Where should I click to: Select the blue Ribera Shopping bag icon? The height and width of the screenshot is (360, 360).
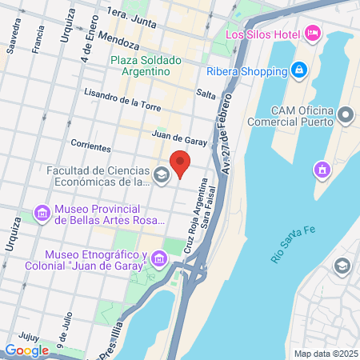click(298, 69)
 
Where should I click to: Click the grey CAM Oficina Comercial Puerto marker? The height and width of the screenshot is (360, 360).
click(346, 115)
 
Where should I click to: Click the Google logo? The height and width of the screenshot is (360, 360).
click(26, 350)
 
